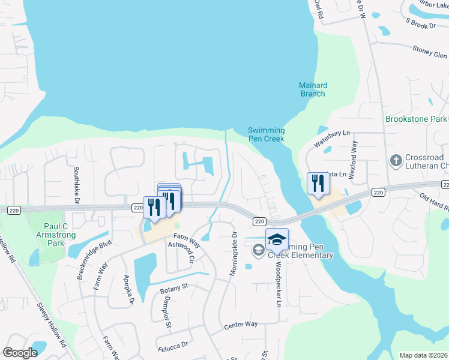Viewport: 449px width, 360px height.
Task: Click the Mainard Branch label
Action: coord(312,89)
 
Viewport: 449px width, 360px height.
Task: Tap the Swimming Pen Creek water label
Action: coord(267,134)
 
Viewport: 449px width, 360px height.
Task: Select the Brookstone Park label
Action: coord(415,119)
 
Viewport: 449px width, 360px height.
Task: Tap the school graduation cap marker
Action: coord(276,239)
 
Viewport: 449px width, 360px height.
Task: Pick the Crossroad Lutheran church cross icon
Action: coord(395,160)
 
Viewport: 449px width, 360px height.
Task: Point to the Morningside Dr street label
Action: coord(234,254)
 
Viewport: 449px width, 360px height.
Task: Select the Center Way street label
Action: coord(240,325)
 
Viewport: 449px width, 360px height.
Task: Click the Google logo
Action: coord(20,353)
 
